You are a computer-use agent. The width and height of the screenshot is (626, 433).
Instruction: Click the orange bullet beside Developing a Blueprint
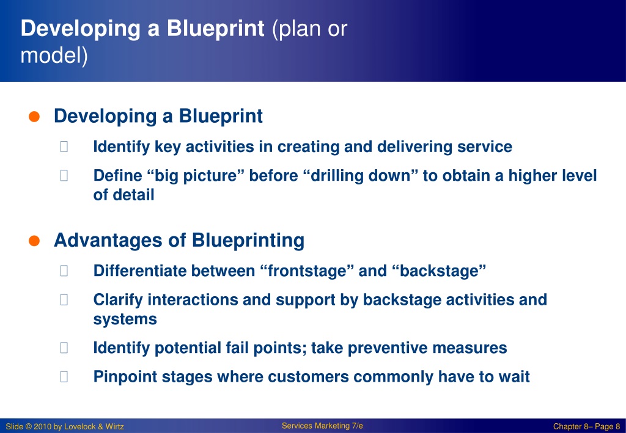34,117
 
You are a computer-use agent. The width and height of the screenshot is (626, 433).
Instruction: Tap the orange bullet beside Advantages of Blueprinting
34,241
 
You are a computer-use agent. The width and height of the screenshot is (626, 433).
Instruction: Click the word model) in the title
54,55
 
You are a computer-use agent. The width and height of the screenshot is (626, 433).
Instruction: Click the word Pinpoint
125,377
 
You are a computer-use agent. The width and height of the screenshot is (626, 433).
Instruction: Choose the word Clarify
118,300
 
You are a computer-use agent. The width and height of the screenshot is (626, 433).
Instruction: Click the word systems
125,319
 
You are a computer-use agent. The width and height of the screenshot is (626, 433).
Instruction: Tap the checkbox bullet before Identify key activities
64,147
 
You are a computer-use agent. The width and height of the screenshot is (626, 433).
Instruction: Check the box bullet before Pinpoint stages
64,377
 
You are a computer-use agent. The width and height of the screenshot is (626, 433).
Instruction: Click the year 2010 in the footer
42,427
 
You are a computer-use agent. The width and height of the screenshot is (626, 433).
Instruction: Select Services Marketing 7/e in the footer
322,426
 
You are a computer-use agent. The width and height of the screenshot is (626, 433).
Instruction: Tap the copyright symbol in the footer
28,427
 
